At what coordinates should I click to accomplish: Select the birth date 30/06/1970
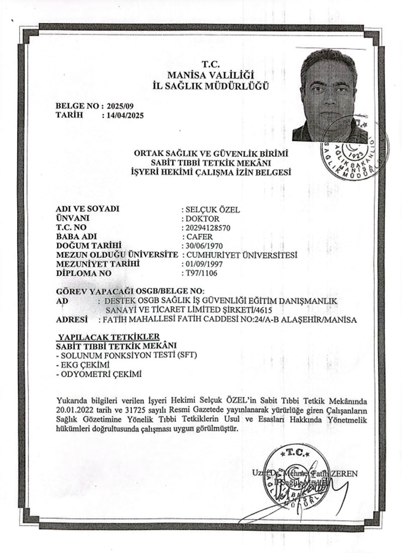205,245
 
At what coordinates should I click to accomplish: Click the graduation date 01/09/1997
205,263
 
